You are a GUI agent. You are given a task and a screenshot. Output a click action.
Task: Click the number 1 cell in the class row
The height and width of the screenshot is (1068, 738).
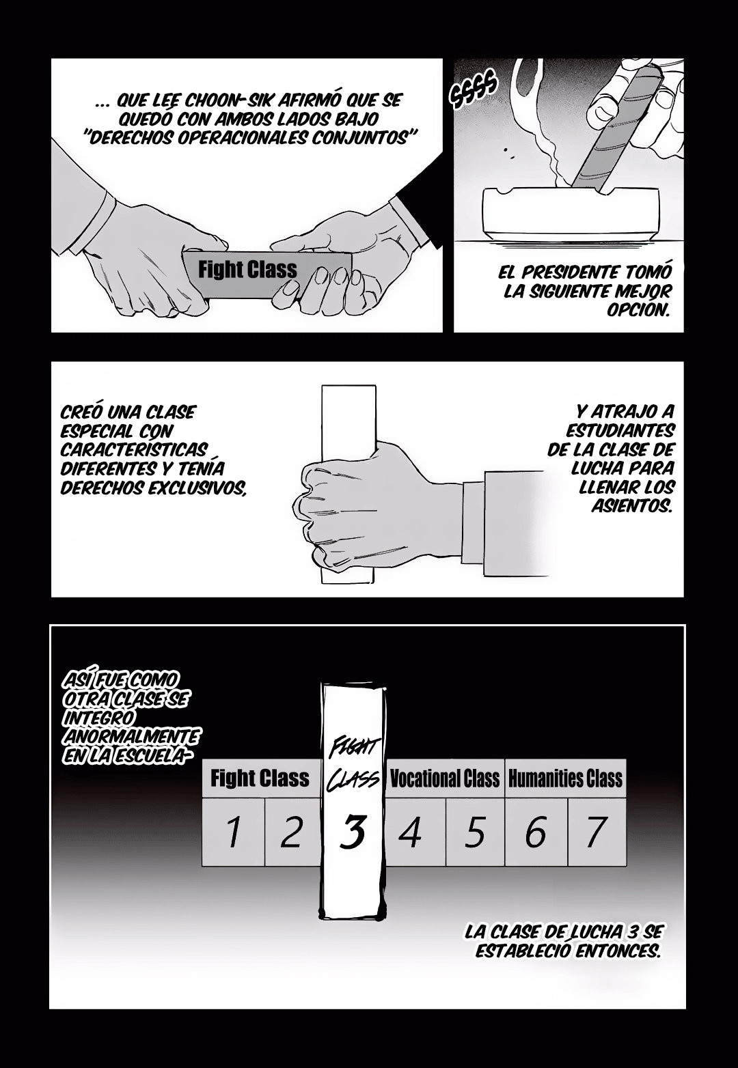pyautogui.click(x=233, y=832)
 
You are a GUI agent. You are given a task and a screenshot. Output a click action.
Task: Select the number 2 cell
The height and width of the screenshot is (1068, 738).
pyautogui.click(x=292, y=832)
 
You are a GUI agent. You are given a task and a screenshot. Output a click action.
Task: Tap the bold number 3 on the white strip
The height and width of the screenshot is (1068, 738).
pyautogui.click(x=353, y=832)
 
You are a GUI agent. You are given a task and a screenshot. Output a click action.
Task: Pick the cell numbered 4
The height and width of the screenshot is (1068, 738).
pyautogui.click(x=415, y=832)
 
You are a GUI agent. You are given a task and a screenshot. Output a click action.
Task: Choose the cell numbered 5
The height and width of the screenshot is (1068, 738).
pyautogui.click(x=475, y=832)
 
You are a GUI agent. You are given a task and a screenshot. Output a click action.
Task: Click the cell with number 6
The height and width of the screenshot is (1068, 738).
pyautogui.click(x=536, y=832)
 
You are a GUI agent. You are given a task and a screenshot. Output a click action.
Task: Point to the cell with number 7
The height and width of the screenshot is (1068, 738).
pyautogui.click(x=597, y=832)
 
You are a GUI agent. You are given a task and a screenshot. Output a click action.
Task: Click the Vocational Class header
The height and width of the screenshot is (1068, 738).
pyautogui.click(x=445, y=778)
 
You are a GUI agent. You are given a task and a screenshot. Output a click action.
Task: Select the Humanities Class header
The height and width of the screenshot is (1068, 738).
pyautogui.click(x=565, y=778)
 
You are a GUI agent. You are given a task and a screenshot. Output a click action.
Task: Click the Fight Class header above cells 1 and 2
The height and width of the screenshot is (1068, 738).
pyautogui.click(x=260, y=778)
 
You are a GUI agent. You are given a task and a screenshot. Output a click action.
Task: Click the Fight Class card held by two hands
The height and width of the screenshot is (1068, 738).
pyautogui.click(x=267, y=274)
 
